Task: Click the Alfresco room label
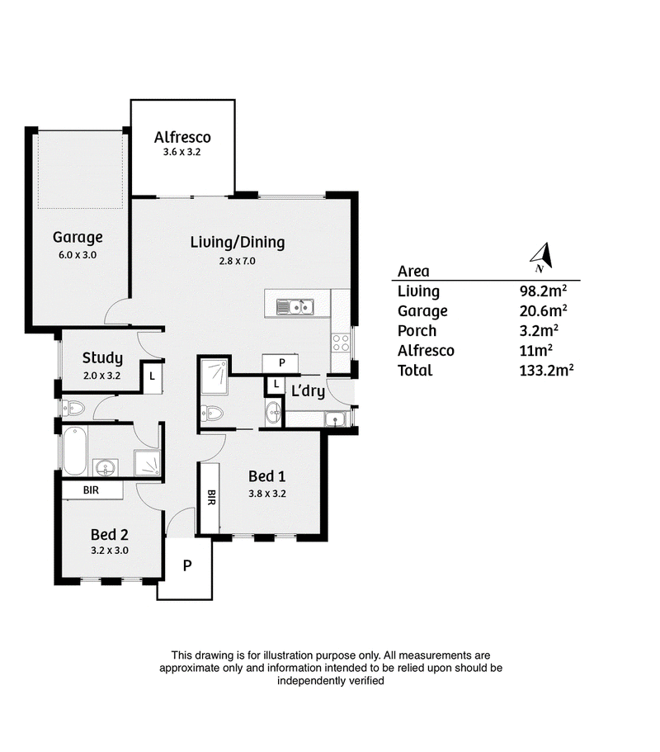[x=182, y=137]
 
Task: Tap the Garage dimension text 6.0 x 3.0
[x=78, y=255]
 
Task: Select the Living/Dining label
[x=238, y=242]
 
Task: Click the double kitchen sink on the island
[x=295, y=307]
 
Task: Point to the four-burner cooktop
[x=341, y=343]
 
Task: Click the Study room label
[x=102, y=357]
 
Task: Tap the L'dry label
[x=309, y=391]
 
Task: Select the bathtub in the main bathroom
[x=74, y=451]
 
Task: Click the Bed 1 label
[x=267, y=476]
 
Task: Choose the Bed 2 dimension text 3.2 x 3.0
[x=110, y=550]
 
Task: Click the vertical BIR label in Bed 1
[x=211, y=497]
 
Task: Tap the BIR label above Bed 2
[x=91, y=490]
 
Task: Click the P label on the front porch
[x=187, y=565]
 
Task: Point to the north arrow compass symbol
[x=543, y=258]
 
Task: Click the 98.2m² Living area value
[x=543, y=291]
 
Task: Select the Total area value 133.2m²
[x=546, y=370]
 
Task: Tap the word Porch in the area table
[x=417, y=330]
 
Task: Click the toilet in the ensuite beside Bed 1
[x=212, y=413]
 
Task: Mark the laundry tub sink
[x=335, y=419]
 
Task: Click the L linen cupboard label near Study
[x=152, y=376]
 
